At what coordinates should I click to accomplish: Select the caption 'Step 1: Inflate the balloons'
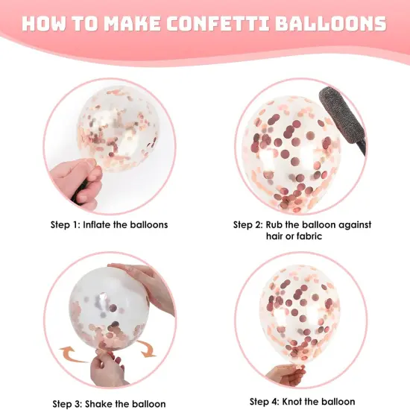[109, 224]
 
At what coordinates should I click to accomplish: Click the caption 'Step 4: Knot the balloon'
[302, 402]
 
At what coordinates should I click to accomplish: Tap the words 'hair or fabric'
[302, 237]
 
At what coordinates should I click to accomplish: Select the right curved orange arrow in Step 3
[148, 348]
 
